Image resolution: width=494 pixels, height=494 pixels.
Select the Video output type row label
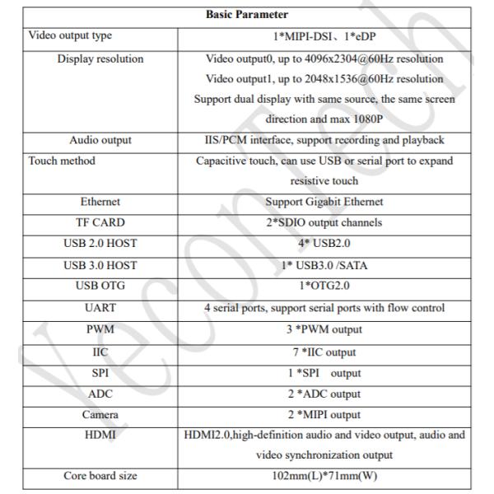coord(70,36)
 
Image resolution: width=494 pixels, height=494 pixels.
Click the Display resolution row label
coord(100,58)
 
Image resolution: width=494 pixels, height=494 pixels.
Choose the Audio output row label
coord(100,140)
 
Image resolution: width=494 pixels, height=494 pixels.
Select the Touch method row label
coord(62,161)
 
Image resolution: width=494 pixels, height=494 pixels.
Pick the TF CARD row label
coord(100,221)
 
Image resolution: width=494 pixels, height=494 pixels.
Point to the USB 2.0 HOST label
coord(100,245)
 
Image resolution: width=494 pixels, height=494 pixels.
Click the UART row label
coord(100,309)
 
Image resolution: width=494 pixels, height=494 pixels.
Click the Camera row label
coord(100,414)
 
